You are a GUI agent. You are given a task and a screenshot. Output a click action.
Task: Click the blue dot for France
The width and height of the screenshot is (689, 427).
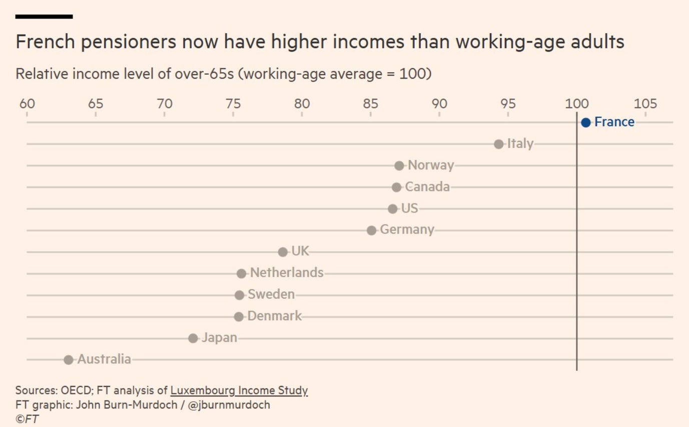[x=585, y=123]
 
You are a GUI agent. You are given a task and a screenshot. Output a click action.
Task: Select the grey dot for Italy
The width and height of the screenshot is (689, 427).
[x=498, y=144]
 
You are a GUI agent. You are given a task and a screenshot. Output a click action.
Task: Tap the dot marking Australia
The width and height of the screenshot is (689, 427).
[x=68, y=359]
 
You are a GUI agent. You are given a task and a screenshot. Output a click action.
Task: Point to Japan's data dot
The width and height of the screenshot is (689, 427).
[x=193, y=338]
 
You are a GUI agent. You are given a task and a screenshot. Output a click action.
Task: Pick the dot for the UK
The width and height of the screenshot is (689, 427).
[x=283, y=252]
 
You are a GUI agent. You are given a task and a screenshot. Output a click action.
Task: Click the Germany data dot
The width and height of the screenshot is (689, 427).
[x=372, y=230]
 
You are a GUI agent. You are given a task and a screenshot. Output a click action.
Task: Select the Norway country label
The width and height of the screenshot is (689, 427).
[x=431, y=165]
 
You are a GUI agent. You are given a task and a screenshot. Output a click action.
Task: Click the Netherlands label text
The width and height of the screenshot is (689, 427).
[x=287, y=273]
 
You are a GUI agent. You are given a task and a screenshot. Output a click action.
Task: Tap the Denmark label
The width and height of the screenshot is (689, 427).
[x=274, y=316]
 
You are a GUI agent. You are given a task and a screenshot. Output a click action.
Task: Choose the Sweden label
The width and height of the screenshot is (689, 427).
[x=271, y=294]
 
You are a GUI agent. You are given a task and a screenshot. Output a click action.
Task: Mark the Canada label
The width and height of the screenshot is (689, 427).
[x=427, y=187]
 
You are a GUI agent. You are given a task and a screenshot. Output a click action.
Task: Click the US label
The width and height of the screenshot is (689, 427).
[x=409, y=208]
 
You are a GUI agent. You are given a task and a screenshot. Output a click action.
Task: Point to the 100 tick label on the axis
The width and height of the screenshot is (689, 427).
[x=577, y=104]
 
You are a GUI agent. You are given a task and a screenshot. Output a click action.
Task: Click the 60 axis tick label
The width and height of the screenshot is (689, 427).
[x=27, y=104]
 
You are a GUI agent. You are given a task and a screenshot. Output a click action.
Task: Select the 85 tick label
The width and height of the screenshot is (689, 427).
[x=370, y=104]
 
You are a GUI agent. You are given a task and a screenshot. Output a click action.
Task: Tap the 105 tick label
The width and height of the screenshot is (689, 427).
[x=645, y=104]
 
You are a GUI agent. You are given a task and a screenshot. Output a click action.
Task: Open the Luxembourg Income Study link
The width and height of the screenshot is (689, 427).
[x=239, y=390]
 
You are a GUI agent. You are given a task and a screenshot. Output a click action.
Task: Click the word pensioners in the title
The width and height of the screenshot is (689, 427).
[x=129, y=42]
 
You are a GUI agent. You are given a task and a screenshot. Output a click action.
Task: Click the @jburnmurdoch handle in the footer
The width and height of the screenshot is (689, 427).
[x=229, y=405]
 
